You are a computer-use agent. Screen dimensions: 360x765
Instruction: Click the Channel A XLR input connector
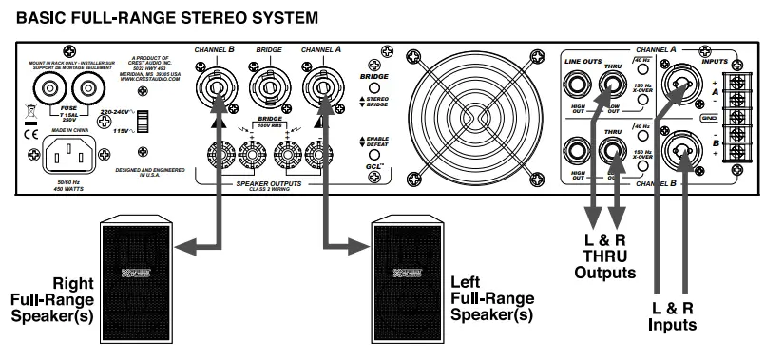(x=683, y=86)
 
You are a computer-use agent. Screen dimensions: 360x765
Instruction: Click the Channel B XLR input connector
(x=683, y=148)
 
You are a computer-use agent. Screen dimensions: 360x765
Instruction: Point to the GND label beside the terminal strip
(x=708, y=119)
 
